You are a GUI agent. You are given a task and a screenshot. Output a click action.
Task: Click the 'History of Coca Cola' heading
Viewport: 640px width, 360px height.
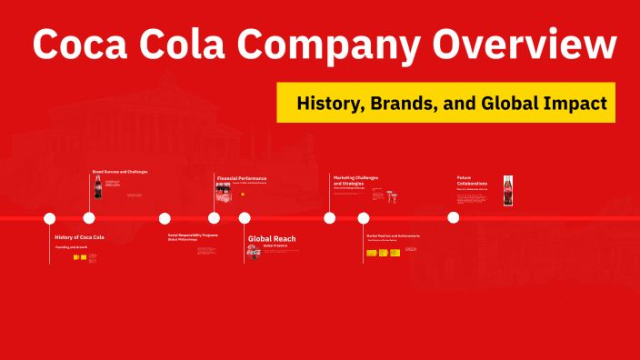pyautogui.click(x=79, y=237)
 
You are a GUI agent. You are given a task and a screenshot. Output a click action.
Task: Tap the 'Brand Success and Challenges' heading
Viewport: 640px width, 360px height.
pyautogui.click(x=119, y=171)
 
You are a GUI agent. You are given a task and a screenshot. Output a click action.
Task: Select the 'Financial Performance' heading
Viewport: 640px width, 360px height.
pyautogui.click(x=241, y=178)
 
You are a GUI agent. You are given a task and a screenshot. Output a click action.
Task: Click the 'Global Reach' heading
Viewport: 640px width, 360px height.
pyautogui.click(x=272, y=238)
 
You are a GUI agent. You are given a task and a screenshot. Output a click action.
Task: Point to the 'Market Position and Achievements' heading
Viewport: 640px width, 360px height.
pyautogui.click(x=393, y=235)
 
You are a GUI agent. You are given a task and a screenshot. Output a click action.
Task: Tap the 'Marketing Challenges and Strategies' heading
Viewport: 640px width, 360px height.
pyautogui.click(x=355, y=180)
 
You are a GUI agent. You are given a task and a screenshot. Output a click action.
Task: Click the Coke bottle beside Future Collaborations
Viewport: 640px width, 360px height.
pyautogui.click(x=508, y=191)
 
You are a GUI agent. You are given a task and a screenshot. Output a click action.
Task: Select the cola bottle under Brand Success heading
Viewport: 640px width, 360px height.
pyautogui.click(x=97, y=187)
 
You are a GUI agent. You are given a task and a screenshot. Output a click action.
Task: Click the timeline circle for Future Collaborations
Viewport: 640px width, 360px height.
pyautogui.click(x=454, y=217)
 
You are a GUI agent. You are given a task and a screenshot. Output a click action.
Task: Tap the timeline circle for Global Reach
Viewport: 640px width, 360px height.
pyautogui.click(x=245, y=218)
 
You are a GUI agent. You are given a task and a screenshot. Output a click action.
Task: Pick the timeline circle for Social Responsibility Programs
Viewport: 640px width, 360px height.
pyautogui.click(x=165, y=218)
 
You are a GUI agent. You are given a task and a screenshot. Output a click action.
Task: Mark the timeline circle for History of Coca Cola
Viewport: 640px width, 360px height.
pyautogui.click(x=50, y=218)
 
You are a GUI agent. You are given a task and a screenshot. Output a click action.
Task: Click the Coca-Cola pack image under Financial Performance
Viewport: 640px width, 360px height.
pyautogui.click(x=224, y=193)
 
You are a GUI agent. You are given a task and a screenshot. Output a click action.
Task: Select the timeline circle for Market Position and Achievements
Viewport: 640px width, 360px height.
pyautogui.click(x=364, y=218)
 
